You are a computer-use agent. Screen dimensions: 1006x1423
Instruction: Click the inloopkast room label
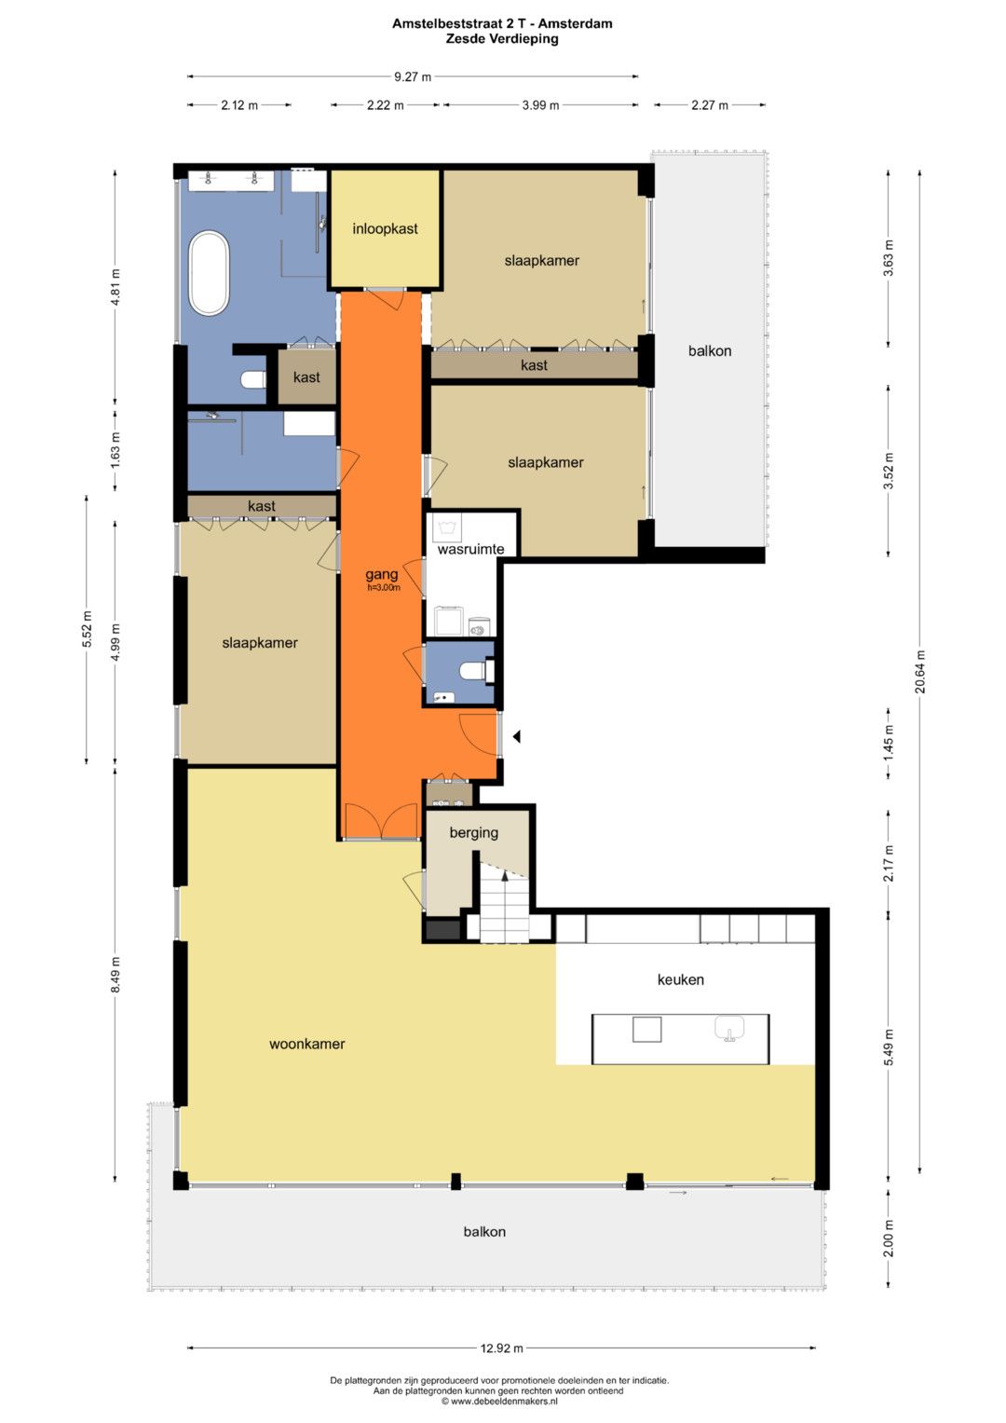(385, 228)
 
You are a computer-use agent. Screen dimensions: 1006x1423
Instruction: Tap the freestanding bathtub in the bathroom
(210, 273)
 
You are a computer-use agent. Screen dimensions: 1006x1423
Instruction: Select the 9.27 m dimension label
(412, 76)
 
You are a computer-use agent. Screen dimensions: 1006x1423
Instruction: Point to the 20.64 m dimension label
(920, 672)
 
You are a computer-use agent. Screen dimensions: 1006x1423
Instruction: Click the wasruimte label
(470, 550)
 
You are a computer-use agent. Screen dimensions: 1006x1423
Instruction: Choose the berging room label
(474, 832)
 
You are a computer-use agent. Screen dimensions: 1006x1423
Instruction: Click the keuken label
(680, 979)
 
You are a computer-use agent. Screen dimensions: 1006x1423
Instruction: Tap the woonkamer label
(306, 1044)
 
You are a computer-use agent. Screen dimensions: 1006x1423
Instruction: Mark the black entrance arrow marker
(517, 736)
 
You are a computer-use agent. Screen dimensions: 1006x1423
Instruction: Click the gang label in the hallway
(381, 575)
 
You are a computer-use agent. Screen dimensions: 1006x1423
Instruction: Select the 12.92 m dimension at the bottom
(502, 1348)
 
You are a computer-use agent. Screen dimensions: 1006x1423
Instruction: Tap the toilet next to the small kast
(254, 379)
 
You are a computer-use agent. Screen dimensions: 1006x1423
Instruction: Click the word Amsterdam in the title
(576, 24)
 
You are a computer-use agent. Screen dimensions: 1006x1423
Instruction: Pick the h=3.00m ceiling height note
(384, 588)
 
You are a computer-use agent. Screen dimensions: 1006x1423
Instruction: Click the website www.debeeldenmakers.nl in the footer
(504, 1401)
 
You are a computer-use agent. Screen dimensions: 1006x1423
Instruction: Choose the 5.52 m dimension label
(87, 629)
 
